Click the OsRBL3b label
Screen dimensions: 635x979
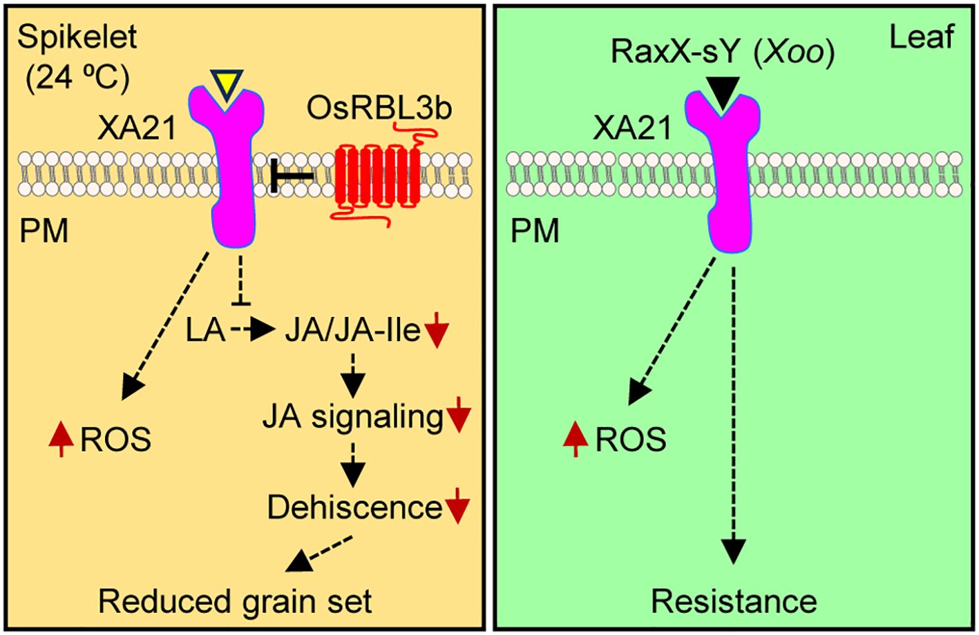(379, 109)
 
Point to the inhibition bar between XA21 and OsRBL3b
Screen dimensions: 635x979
(291, 177)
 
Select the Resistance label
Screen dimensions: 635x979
(734, 601)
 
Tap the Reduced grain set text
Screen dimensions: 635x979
(235, 600)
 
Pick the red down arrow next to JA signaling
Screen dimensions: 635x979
(459, 417)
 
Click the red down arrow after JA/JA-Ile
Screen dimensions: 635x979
(437, 332)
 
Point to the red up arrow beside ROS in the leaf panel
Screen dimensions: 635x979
(575, 440)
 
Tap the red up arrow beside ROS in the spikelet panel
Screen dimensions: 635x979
(61, 440)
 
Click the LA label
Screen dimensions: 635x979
(205, 331)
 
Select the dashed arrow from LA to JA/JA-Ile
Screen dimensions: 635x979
(253, 331)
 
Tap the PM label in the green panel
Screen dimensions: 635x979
(534, 231)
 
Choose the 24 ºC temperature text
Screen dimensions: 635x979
(77, 79)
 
